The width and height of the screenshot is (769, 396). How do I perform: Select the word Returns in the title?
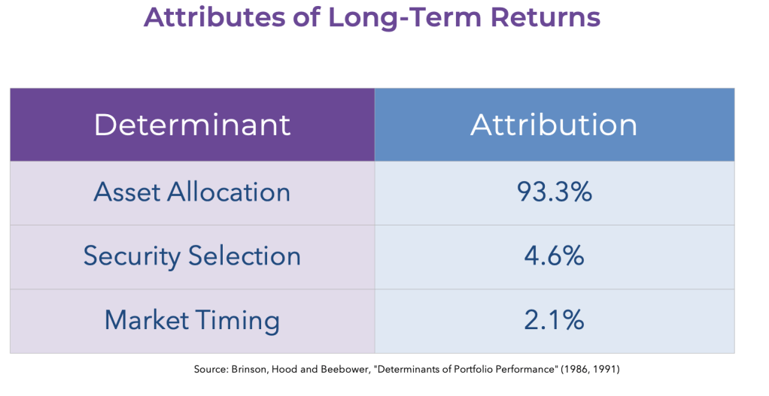coord(545,17)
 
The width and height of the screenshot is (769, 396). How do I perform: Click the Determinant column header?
coord(193,124)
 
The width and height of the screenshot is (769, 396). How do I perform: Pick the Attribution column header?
coord(554,124)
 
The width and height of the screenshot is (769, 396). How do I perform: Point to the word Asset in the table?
coord(126,192)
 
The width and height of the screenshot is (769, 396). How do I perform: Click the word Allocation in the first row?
coord(229,192)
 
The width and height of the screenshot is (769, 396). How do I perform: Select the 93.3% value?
coord(555,192)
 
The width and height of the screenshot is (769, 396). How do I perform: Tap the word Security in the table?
coord(132,256)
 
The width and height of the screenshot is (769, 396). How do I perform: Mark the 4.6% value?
coord(555,255)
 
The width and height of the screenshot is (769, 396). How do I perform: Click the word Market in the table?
coord(147,319)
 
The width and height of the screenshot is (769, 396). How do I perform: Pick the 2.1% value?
coord(555,319)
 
